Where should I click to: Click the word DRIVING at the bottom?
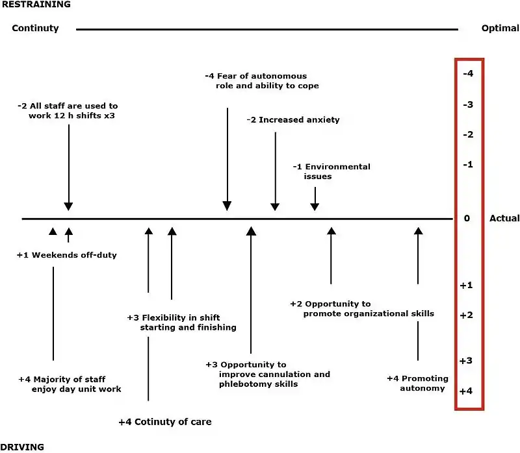tap(23, 447)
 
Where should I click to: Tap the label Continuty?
tap(35, 29)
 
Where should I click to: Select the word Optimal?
tap(500, 29)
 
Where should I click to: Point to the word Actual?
tap(504, 219)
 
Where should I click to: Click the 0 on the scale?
tap(467, 219)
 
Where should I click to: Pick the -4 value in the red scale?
tap(467, 74)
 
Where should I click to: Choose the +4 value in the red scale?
tap(466, 391)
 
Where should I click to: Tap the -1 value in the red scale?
tap(467, 165)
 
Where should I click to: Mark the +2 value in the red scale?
tap(466, 315)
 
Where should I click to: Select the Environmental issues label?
tap(331, 171)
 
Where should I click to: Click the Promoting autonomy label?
tap(417, 383)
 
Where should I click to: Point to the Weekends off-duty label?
tap(67, 255)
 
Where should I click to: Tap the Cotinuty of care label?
tap(165, 422)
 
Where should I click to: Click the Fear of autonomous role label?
tap(261, 80)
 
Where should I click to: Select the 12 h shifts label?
tap(68, 110)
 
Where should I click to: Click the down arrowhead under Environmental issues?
tap(315, 206)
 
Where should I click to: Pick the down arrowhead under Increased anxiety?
tap(275, 206)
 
